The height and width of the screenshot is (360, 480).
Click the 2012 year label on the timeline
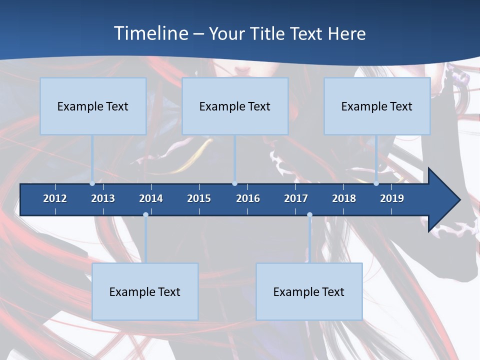[55, 198]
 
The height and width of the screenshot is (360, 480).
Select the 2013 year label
[103, 198]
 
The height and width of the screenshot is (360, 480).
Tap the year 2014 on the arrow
[151, 198]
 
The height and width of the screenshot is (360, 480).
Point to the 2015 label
[199, 198]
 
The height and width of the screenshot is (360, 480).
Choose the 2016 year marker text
[248, 198]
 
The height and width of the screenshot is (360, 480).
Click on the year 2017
[296, 198]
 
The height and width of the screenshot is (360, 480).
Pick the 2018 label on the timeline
[344, 198]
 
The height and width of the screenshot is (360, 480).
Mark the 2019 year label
[392, 198]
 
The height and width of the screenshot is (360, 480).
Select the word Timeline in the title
[149, 33]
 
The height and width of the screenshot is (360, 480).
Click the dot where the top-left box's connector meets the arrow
[92, 183]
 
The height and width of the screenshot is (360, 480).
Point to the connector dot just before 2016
[235, 183]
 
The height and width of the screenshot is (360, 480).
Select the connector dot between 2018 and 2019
[376, 183]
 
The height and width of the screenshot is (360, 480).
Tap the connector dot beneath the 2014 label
[145, 214]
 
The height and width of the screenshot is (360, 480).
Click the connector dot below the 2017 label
[309, 214]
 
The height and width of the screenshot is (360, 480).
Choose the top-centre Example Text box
[235, 106]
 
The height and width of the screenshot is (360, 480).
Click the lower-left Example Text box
[145, 291]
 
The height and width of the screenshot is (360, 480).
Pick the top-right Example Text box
[377, 106]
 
